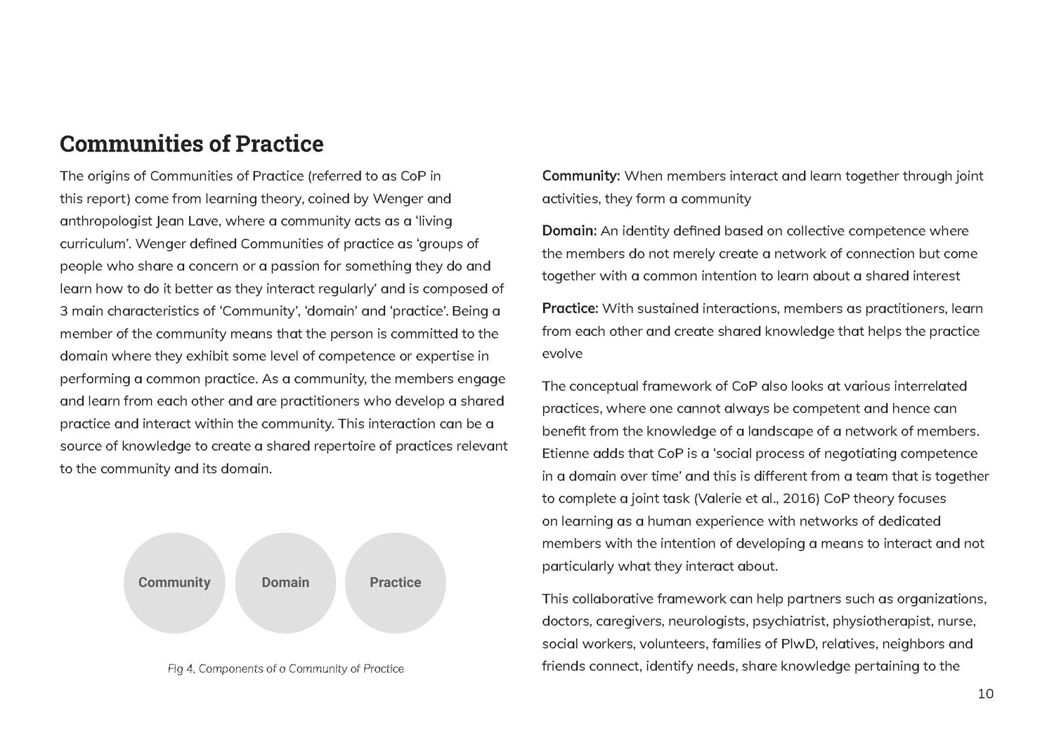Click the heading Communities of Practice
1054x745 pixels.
tap(191, 144)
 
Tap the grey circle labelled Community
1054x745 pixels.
tap(174, 583)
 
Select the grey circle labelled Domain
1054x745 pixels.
tap(285, 583)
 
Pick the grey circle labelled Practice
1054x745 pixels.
tap(396, 583)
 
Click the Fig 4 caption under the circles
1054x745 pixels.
tap(285, 669)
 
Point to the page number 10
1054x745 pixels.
tap(985, 694)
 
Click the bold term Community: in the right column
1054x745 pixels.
tap(580, 176)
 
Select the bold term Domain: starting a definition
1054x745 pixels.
tap(569, 231)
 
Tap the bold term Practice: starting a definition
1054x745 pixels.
tap(570, 309)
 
